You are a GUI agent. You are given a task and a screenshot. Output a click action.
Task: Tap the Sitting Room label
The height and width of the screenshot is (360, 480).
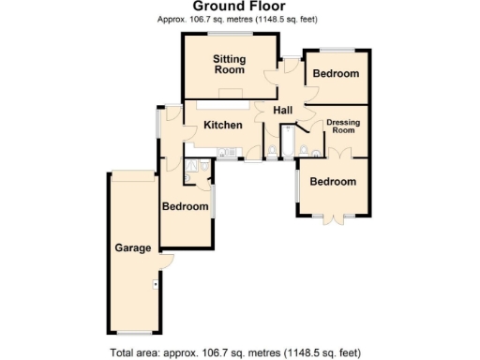click(x=230, y=65)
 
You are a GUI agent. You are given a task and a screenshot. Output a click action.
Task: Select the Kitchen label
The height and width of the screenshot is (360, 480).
click(x=224, y=125)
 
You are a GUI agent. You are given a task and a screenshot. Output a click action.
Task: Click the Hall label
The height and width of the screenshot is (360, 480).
click(x=284, y=111)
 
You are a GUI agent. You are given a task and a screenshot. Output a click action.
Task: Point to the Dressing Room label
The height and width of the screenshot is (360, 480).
click(x=345, y=127)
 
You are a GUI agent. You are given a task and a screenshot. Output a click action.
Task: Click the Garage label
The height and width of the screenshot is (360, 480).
click(x=132, y=248)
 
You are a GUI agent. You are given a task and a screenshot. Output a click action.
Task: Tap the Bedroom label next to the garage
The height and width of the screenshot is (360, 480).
click(x=185, y=206)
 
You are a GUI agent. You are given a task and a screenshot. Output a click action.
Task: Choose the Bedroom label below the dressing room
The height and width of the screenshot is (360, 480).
click(x=334, y=181)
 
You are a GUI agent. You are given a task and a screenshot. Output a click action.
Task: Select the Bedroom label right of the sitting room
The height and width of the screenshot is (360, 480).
click(x=336, y=73)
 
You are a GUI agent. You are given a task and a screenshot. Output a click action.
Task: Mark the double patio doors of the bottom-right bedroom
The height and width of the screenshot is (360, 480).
click(x=334, y=217)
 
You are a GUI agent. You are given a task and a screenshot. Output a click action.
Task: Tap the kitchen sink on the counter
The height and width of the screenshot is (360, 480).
click(x=224, y=152)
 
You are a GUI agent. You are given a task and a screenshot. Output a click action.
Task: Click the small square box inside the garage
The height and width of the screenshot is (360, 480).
click(x=156, y=283)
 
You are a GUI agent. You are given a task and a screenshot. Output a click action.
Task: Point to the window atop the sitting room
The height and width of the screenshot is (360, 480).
click(x=230, y=34)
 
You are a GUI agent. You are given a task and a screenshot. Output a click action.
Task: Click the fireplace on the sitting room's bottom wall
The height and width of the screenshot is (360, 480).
click(x=230, y=95)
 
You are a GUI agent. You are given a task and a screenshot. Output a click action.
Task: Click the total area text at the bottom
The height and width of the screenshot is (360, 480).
click(x=234, y=352)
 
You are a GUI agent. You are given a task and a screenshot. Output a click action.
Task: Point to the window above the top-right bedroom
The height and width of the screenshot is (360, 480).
click(x=335, y=49)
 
